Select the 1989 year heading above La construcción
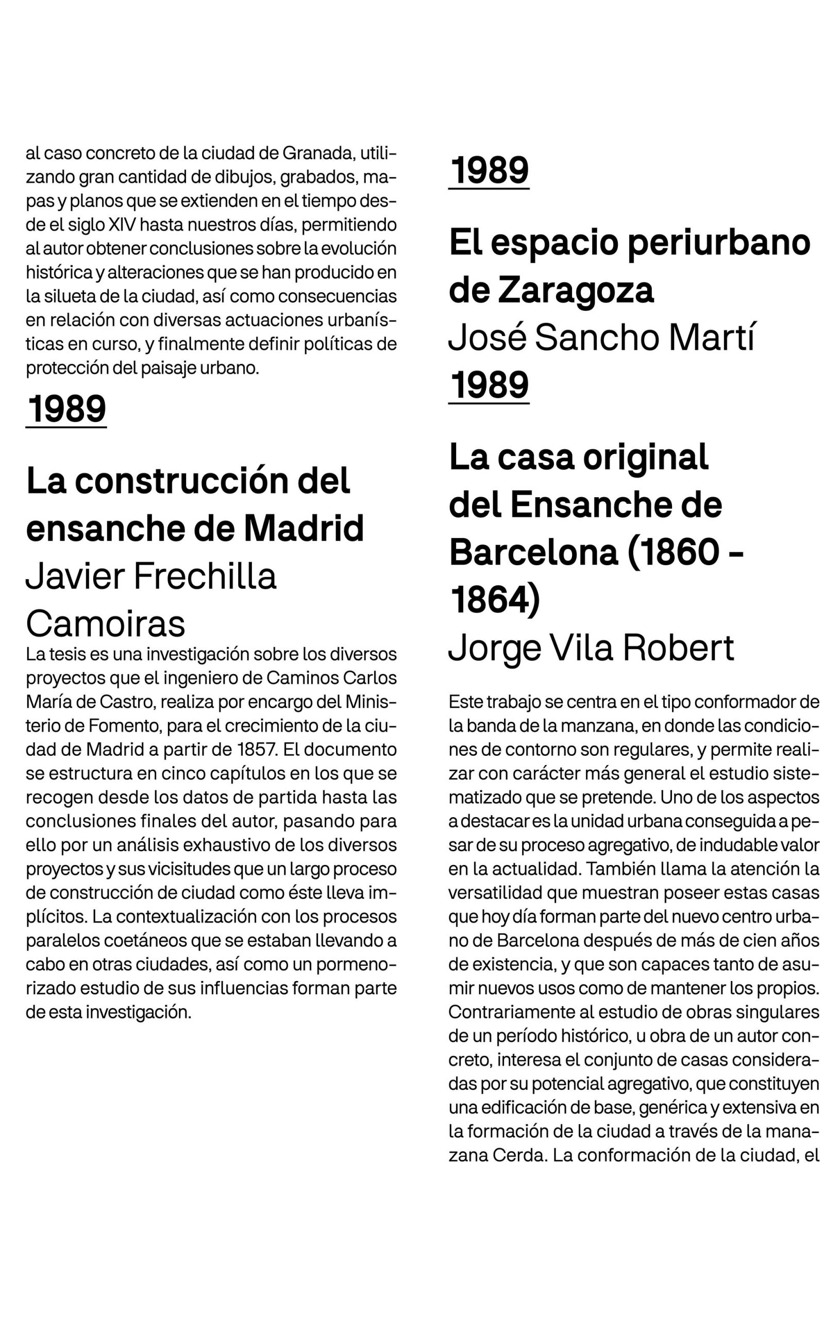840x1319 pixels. coord(66,409)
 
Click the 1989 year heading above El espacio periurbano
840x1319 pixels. coord(489,171)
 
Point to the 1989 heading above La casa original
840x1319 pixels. coord(489,385)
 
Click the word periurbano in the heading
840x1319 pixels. coord(718,243)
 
